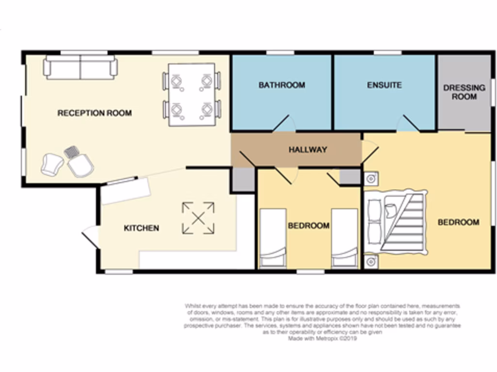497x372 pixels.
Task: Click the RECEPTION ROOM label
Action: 95,113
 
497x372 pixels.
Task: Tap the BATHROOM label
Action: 282,85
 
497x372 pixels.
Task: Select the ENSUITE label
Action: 384,85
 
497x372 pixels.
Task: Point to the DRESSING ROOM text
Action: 464,92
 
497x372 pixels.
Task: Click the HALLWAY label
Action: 308,150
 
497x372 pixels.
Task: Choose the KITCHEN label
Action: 141,228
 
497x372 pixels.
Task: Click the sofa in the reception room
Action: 81,67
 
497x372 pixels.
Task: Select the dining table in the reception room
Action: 192,94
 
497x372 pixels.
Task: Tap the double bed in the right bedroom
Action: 396,222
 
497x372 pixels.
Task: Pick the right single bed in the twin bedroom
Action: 345,238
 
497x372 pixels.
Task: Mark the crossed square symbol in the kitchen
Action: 198,218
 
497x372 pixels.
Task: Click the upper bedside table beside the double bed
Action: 370,179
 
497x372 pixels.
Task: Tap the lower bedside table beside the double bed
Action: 370,262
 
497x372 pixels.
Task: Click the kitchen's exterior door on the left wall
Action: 91,237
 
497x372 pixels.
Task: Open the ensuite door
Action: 408,124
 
